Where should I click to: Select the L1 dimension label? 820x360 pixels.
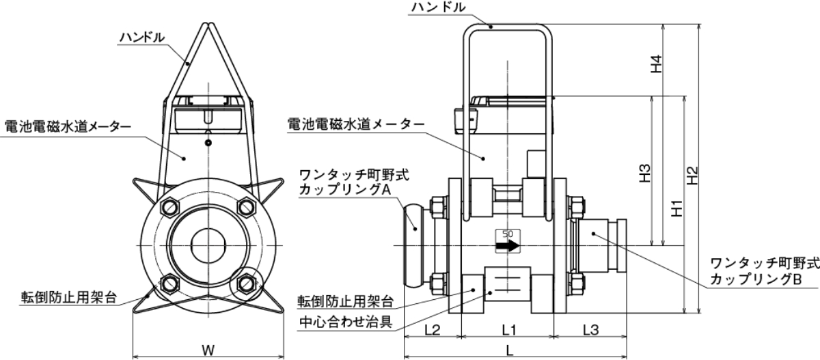pos(508,330)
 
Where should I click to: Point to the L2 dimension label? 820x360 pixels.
pos(432,330)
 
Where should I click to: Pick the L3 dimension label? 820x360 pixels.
pos(591,330)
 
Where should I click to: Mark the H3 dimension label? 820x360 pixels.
pos(644,174)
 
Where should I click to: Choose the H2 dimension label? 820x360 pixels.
pos(692,176)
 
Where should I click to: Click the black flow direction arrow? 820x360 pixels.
pos(507,245)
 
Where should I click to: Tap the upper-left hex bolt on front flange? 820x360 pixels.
pos(169,208)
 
